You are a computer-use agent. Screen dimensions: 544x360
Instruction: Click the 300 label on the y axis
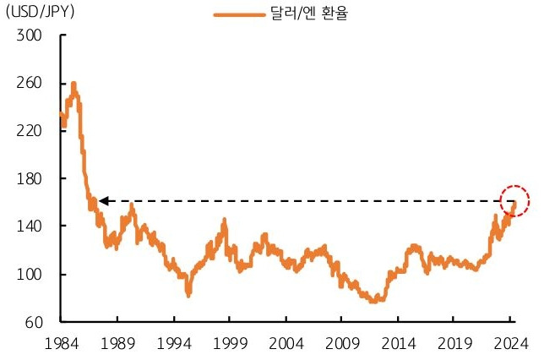pyautogui.click(x=29, y=35)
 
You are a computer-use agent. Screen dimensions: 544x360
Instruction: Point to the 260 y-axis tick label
pyautogui.click(x=29, y=83)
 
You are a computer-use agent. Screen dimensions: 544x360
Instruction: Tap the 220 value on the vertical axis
pyautogui.click(x=29, y=131)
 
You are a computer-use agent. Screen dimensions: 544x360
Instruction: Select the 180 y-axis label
pyautogui.click(x=29, y=179)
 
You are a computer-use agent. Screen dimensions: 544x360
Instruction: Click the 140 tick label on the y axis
pyautogui.click(x=29, y=226)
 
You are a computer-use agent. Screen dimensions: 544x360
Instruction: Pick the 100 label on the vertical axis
pyautogui.click(x=29, y=275)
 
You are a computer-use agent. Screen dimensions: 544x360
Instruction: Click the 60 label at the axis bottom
pyautogui.click(x=34, y=323)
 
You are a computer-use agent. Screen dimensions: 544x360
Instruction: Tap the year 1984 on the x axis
pyautogui.click(x=62, y=343)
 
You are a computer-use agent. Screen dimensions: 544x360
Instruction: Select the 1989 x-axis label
pyautogui.click(x=117, y=343)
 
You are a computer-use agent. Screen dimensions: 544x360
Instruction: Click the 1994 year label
pyautogui.click(x=174, y=343)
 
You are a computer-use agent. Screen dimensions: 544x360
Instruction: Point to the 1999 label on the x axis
pyautogui.click(x=230, y=343)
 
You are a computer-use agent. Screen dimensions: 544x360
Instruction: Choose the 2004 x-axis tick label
pyautogui.click(x=286, y=343)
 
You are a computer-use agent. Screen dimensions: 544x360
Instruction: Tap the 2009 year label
pyautogui.click(x=342, y=343)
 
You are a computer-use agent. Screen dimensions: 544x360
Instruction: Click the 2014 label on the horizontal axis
pyautogui.click(x=399, y=343)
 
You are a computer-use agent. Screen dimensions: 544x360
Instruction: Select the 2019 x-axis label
pyautogui.click(x=454, y=343)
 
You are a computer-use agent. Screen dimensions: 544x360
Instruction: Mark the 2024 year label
pyautogui.click(x=511, y=343)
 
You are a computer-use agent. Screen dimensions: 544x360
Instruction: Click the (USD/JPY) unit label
pyautogui.click(x=41, y=12)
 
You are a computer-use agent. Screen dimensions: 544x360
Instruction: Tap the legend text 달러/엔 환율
pyautogui.click(x=309, y=14)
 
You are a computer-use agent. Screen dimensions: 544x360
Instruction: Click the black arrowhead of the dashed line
pyautogui.click(x=104, y=201)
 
